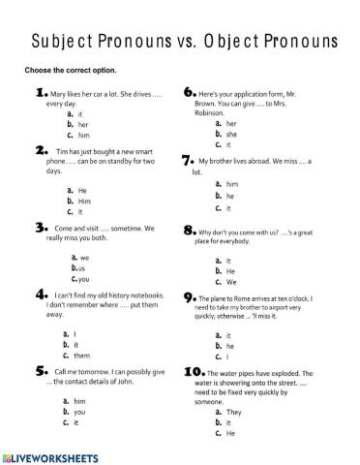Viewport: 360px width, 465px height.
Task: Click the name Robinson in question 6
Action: pos(214,113)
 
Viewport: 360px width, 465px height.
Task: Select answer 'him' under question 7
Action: pos(231,183)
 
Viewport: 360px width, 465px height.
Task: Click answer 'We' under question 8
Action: pos(232,283)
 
